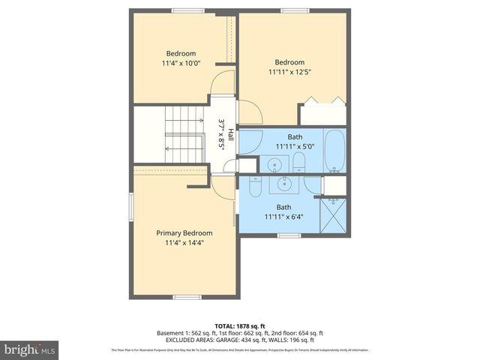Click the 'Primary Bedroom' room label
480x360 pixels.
click(x=184, y=232)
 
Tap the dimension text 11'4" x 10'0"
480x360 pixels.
click(x=181, y=64)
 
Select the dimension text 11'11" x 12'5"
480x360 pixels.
click(x=289, y=72)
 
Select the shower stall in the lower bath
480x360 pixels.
click(x=333, y=214)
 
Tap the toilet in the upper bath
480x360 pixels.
click(x=298, y=163)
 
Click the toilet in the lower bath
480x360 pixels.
click(x=255, y=188)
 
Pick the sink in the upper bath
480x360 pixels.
click(x=274, y=164)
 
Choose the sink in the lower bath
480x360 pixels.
click(x=284, y=183)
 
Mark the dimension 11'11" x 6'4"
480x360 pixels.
click(x=283, y=217)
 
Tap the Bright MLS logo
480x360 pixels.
click(x=30, y=349)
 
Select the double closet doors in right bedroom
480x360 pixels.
click(x=322, y=101)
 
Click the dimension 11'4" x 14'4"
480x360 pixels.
click(x=184, y=242)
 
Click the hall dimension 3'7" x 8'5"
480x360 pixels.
click(x=221, y=135)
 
